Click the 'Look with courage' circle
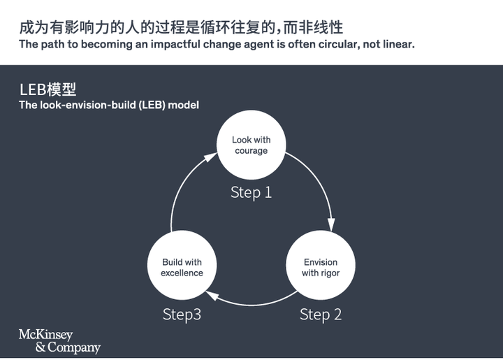click(251, 145)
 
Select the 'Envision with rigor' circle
click(321, 267)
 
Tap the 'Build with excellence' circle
click(182, 267)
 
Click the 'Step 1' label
click(251, 192)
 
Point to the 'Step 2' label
click(321, 315)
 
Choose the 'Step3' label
click(182, 315)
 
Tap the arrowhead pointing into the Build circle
click(212, 296)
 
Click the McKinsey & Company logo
click(59, 341)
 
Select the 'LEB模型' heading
click(48, 89)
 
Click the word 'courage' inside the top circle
click(251, 151)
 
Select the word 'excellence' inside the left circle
click(182, 273)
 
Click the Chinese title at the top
click(181, 28)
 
